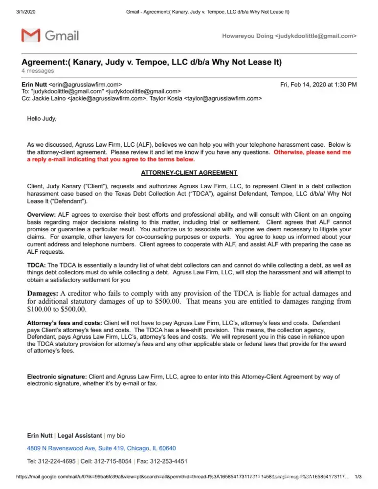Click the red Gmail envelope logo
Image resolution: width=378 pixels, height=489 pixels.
[31, 36]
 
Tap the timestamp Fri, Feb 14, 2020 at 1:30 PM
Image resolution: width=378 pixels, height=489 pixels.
[318, 85]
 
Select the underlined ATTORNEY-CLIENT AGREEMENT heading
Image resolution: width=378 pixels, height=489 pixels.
[189, 173]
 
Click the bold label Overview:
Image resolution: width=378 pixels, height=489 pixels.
[42, 215]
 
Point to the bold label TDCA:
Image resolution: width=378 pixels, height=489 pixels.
[36, 265]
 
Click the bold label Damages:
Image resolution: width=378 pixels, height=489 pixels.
[43, 294]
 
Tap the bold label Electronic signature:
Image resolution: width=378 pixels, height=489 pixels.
[57, 377]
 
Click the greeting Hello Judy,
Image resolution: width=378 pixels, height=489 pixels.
[42, 119]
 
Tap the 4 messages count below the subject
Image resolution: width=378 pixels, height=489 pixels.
[38, 71]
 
